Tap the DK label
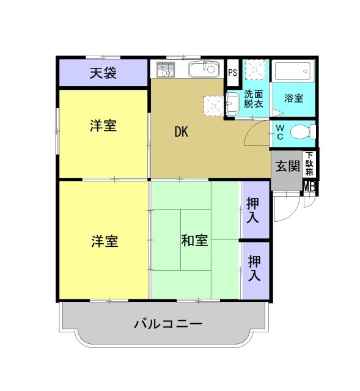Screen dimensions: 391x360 coord(180,131)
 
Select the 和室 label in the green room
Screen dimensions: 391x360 coord(194,240)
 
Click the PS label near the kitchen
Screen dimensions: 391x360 coord(232,73)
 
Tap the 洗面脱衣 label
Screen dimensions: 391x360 coord(254,99)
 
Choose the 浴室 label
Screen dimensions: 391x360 coord(294,98)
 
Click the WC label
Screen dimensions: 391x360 coord(279,131)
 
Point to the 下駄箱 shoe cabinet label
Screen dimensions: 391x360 coord(310,164)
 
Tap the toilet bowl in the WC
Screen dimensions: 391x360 coord(301,131)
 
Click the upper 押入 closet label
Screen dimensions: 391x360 coord(253,209)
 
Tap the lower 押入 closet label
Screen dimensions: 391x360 coord(254,268)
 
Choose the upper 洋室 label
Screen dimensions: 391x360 coord(103,126)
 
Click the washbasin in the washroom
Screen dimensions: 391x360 coord(232,104)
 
